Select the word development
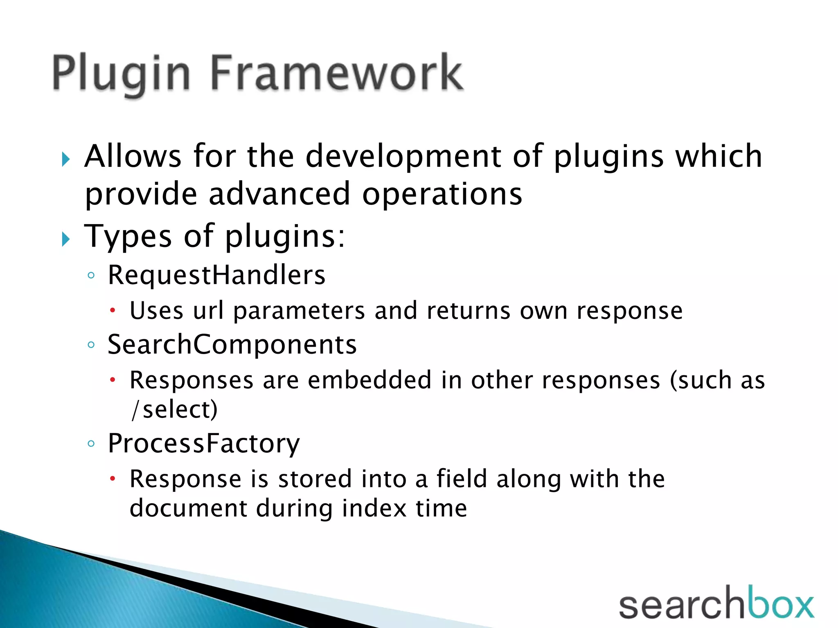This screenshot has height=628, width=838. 403,157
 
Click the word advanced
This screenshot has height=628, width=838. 279,194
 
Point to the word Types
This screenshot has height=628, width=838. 128,236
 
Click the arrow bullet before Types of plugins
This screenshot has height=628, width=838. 66,239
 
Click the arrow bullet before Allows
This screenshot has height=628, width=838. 66,159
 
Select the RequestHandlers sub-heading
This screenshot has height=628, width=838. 216,275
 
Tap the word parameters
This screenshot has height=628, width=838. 299,311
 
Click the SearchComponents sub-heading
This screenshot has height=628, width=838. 232,345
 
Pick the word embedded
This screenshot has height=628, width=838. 369,380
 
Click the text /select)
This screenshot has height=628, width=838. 174,409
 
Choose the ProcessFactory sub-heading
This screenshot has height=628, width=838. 204,444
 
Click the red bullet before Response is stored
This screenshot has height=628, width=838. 113,478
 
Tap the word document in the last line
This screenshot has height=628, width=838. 188,508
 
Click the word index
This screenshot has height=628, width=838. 374,508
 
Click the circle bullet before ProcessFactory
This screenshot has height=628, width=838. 91,444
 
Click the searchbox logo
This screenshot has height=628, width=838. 716,603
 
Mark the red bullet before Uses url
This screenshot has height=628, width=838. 113,310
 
